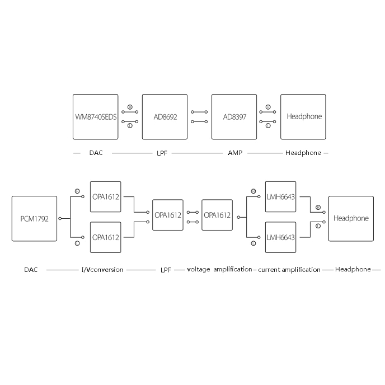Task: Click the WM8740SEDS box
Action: (x=96, y=117)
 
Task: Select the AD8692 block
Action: (x=165, y=117)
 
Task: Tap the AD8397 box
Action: (x=234, y=117)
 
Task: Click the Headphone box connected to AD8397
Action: (x=303, y=117)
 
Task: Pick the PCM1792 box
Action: (x=35, y=219)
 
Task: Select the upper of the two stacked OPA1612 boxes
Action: (x=106, y=196)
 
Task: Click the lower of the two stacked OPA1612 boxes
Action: (x=106, y=237)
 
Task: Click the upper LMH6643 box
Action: (x=280, y=196)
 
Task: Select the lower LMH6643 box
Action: (x=280, y=237)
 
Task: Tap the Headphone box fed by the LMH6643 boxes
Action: (x=351, y=219)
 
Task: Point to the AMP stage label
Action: (x=234, y=153)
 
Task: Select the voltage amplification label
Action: (x=219, y=270)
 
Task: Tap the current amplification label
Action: (x=289, y=270)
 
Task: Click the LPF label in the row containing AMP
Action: (x=163, y=153)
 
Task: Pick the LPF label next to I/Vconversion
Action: (x=166, y=270)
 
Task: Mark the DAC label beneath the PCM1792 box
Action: (x=31, y=270)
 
